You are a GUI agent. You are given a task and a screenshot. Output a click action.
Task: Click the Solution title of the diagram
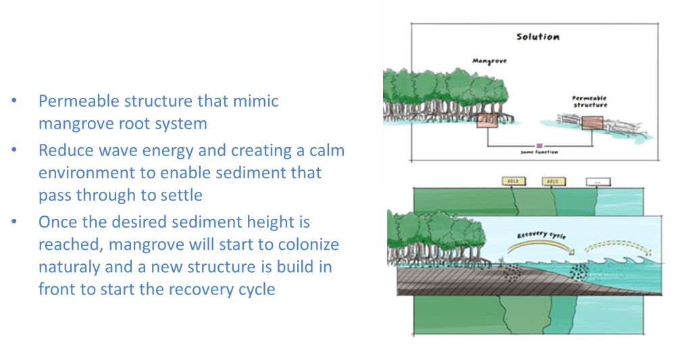(x=537, y=36)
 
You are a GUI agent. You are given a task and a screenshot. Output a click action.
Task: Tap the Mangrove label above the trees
(x=484, y=61)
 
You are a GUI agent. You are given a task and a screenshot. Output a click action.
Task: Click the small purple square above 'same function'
(x=538, y=145)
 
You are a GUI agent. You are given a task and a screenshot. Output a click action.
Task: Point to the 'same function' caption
(x=538, y=153)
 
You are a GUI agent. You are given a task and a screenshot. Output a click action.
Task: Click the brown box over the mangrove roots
(x=486, y=121)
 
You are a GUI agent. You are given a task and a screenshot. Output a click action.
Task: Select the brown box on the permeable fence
(x=592, y=122)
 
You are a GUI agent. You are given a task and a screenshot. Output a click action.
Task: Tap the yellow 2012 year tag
(x=512, y=182)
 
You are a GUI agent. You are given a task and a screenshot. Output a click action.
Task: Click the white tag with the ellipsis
(x=596, y=182)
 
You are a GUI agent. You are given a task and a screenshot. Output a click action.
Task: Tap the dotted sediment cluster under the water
(x=580, y=272)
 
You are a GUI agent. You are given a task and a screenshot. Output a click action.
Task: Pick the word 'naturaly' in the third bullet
(x=66, y=266)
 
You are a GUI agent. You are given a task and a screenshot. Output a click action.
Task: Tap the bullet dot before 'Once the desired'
(x=16, y=222)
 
